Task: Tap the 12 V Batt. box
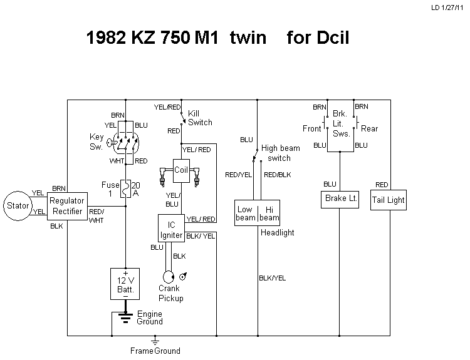click(x=125, y=284)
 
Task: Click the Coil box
click(x=181, y=170)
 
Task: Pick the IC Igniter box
click(x=170, y=230)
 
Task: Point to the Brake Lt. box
click(x=340, y=198)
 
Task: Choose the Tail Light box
click(x=388, y=200)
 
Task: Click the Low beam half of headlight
click(x=246, y=213)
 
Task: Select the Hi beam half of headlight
click(x=269, y=213)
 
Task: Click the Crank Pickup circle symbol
click(x=168, y=276)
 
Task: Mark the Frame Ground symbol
click(x=155, y=342)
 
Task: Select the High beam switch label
click(x=280, y=153)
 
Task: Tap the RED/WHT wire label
click(x=97, y=215)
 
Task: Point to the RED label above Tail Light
click(x=382, y=184)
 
